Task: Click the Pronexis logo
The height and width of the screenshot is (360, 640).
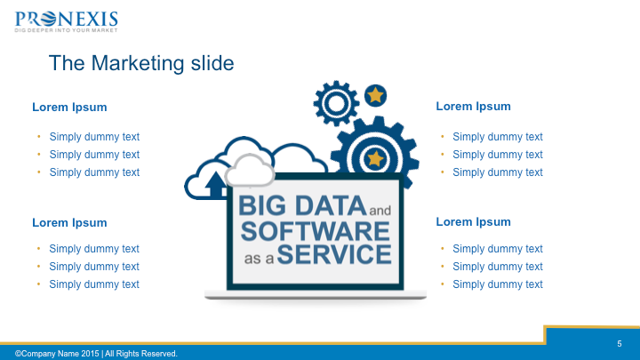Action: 66,21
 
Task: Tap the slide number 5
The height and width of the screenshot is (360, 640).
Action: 620,344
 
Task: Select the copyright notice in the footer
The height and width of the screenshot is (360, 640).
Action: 96,354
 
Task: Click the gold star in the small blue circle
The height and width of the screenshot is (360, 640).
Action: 375,95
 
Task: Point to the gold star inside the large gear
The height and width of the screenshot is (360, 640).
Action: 375,158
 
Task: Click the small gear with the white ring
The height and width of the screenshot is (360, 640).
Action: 336,103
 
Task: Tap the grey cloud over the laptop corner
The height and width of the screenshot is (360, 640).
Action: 250,171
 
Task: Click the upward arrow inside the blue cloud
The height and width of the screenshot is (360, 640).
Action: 216,185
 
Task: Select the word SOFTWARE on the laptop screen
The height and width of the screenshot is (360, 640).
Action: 315,231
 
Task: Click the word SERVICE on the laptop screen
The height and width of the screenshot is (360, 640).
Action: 334,254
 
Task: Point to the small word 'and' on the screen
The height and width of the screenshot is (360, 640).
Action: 380,210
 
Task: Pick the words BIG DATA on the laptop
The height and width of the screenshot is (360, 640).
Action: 302,205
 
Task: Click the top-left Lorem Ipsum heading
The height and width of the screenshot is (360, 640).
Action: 69,108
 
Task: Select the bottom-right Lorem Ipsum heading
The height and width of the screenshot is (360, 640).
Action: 473,222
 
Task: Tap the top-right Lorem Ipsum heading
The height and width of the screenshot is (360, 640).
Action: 473,107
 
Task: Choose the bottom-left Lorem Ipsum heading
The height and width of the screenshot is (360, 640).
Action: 69,223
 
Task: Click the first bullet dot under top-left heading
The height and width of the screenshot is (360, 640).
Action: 39,136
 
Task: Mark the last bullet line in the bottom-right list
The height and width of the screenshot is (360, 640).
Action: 498,284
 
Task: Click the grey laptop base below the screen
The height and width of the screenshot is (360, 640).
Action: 316,295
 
